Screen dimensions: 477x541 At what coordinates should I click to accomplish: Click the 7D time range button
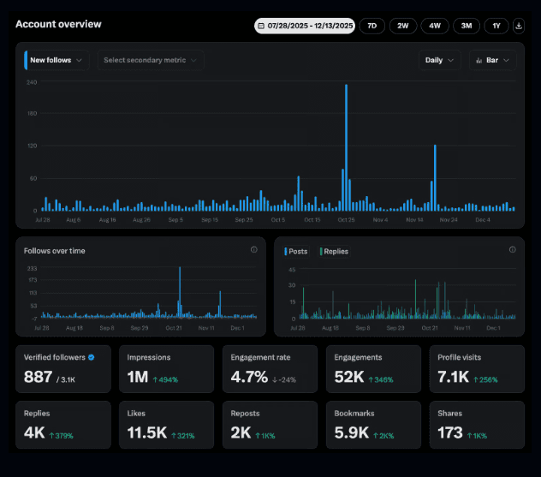click(x=372, y=26)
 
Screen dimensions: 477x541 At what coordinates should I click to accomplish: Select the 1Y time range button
click(x=496, y=26)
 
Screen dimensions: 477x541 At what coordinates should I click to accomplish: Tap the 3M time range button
click(x=467, y=26)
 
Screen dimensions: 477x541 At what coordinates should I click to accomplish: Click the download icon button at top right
click(x=519, y=26)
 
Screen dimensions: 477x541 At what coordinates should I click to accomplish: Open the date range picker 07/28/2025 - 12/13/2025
click(x=305, y=26)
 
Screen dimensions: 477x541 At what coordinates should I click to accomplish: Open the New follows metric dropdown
click(x=56, y=60)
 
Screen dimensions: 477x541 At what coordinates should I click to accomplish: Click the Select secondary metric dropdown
click(x=150, y=60)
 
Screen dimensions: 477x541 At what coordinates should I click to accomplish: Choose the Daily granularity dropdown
click(x=439, y=60)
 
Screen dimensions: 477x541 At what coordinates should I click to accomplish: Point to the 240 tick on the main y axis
click(x=32, y=82)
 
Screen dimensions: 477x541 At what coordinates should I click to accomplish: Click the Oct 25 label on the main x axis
click(x=346, y=220)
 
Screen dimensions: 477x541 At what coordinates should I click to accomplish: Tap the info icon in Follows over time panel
click(x=254, y=250)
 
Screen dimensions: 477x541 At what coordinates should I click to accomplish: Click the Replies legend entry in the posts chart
click(x=335, y=251)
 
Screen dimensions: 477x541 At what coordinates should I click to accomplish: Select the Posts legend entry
click(x=296, y=251)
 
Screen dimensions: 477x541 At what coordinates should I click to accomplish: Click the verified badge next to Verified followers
click(x=92, y=357)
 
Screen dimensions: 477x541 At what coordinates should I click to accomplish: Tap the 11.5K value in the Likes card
click(x=146, y=433)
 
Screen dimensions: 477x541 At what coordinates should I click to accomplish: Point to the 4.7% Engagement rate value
click(x=249, y=377)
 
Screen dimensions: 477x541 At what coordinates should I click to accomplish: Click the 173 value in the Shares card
click(x=451, y=433)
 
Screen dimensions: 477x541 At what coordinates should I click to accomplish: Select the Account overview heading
click(x=58, y=24)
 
